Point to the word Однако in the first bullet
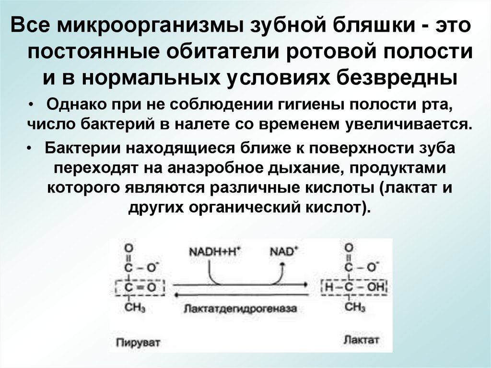click(x=71, y=104)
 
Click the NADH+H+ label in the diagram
click(x=214, y=251)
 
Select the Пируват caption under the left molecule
click(x=138, y=342)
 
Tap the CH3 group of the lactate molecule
click(x=355, y=307)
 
